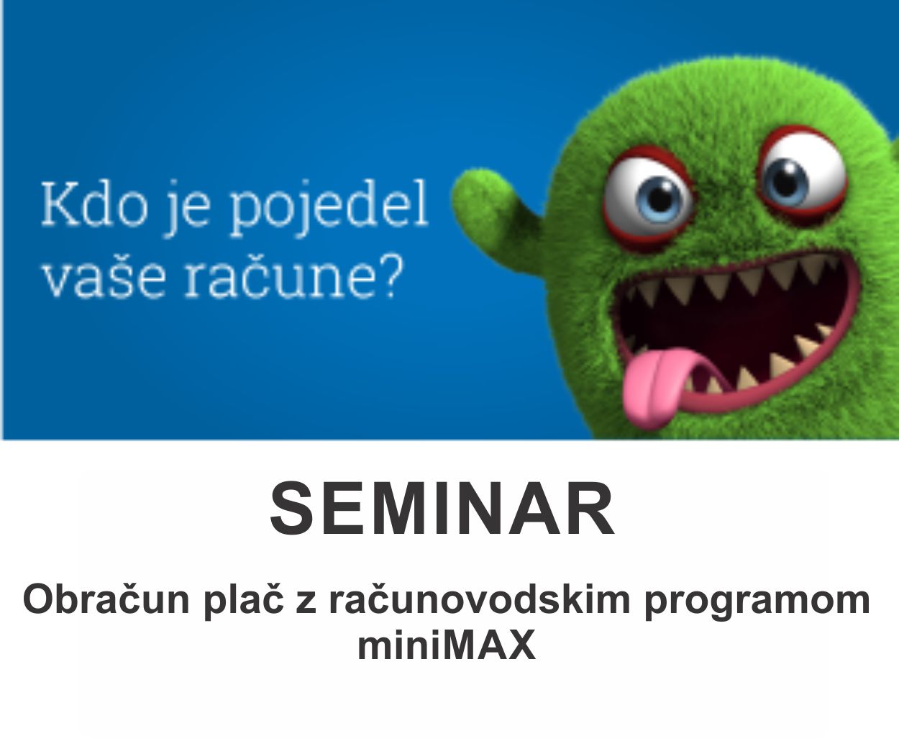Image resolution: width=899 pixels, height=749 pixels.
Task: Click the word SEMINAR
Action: point(442,509)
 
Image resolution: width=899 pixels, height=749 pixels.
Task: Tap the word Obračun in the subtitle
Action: point(106,599)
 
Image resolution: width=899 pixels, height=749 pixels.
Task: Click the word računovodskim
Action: point(479,599)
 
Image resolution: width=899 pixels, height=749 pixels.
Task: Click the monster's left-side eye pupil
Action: point(660,199)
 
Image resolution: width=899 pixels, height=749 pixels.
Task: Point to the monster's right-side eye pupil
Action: point(788,178)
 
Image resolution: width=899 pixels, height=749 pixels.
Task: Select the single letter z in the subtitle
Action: point(306,604)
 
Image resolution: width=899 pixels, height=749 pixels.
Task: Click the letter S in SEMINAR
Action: point(291,509)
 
